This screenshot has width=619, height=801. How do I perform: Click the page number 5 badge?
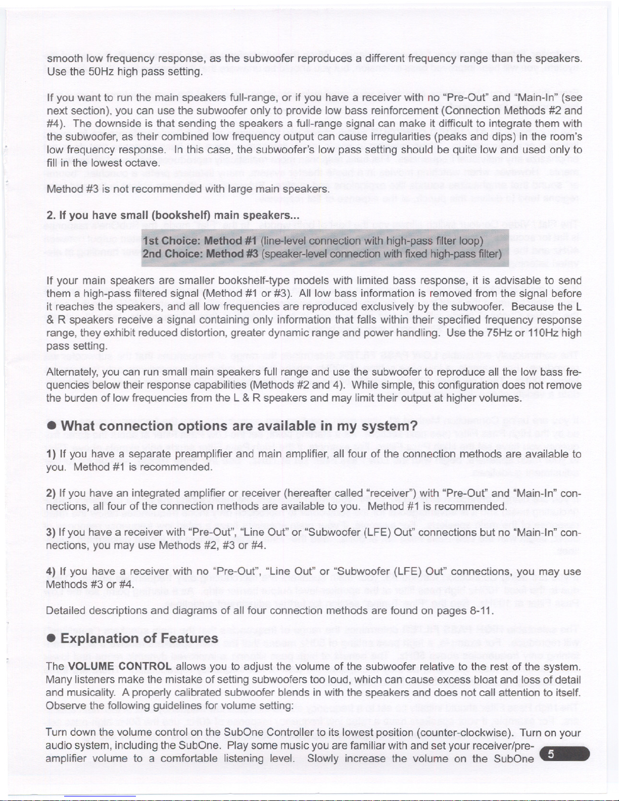[564, 754]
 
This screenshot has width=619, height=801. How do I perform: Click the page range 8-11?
[479, 610]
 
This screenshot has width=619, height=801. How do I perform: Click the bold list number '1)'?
[50, 454]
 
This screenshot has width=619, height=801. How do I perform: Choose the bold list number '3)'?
[51, 532]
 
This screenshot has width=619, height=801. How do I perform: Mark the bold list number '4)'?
[51, 572]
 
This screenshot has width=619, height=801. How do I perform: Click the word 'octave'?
[145, 163]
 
